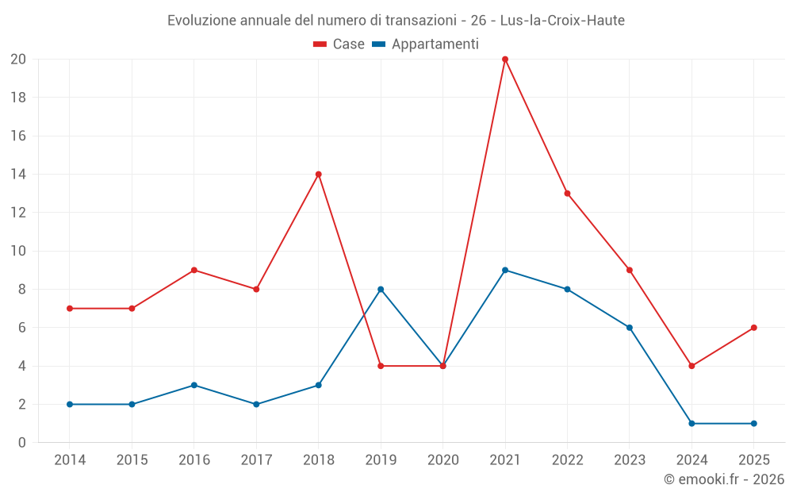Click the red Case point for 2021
point(505,60)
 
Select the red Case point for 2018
point(319,175)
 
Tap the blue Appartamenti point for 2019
point(381,290)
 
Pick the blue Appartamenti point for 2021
point(505,271)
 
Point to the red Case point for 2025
point(754,328)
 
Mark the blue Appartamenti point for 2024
point(691,424)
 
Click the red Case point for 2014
point(70,309)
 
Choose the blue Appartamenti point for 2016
point(194,386)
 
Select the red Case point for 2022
point(567,194)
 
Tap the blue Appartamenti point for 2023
point(630,328)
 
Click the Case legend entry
point(339,44)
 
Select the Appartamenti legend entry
point(426,44)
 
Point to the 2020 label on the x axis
point(443,460)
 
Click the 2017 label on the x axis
point(256,460)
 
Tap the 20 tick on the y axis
point(18,60)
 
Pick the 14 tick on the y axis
point(18,175)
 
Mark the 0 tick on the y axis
point(22,443)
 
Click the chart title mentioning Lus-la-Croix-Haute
point(396,21)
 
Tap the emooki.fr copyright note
point(724,479)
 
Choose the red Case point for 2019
point(381,367)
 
